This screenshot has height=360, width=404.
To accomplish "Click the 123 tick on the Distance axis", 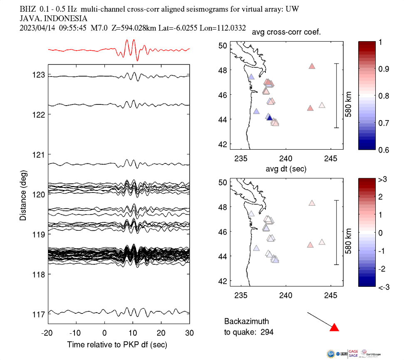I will (x=38, y=75).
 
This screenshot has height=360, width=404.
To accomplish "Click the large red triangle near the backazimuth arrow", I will (x=334, y=328).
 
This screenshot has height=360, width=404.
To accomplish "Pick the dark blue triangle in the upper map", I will (x=270, y=118).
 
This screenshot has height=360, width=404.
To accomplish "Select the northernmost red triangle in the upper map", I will (x=312, y=66).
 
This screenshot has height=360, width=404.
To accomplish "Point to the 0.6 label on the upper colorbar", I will (x=383, y=150).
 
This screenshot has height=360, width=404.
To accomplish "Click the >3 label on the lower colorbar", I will (x=383, y=180).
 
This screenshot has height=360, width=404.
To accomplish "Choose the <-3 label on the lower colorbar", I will (x=383, y=287).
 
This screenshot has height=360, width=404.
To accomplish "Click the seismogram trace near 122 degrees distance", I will (x=119, y=105).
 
